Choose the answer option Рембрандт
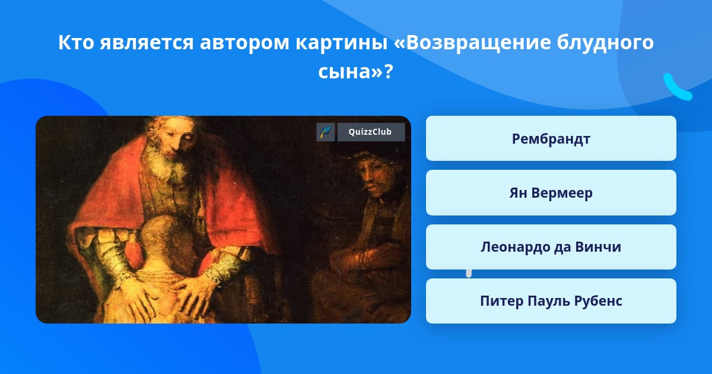pyautogui.click(x=551, y=138)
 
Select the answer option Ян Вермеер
pyautogui.click(x=551, y=193)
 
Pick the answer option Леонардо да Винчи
pyautogui.click(x=551, y=247)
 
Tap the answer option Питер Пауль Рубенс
pyautogui.click(x=551, y=301)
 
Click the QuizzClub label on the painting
pyautogui.click(x=371, y=132)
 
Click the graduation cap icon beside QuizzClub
pyautogui.click(x=326, y=132)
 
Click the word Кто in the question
pyautogui.click(x=76, y=42)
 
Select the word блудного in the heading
pyautogui.click(x=605, y=43)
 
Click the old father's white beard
pyautogui.click(x=166, y=166)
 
